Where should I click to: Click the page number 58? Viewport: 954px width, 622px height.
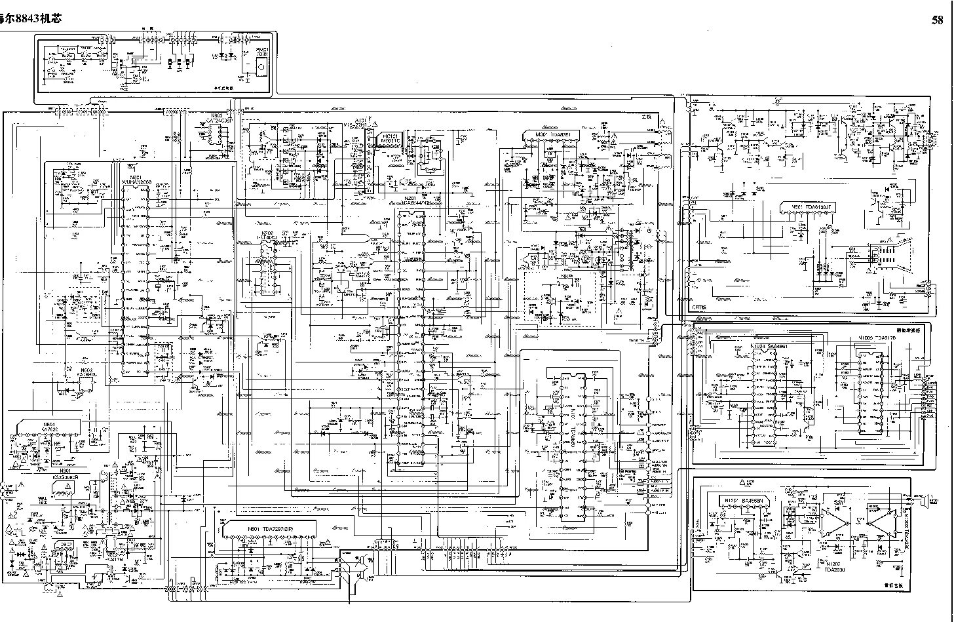(x=938, y=20)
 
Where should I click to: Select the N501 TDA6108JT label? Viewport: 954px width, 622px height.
(x=811, y=207)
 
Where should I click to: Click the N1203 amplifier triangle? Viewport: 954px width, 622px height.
(x=883, y=524)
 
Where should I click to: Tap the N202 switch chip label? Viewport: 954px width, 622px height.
(x=267, y=235)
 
